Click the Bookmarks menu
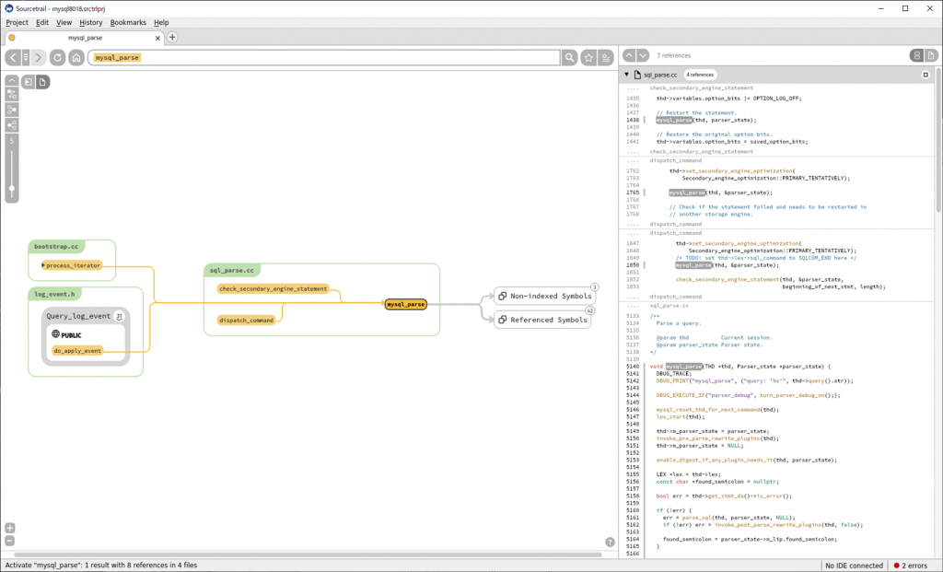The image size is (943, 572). pos(128,22)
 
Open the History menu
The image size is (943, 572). pos(91,22)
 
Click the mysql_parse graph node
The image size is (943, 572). pos(405,304)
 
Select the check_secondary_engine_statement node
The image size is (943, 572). pos(273,288)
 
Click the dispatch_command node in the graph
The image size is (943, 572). pos(246,320)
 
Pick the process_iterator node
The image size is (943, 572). pos(73,265)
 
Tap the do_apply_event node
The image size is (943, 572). pos(76,350)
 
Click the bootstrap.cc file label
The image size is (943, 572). pos(57,247)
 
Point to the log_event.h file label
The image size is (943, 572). pos(56,295)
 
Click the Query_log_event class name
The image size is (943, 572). pos(78,316)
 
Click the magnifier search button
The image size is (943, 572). pos(570,57)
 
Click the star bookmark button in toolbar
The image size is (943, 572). pos(588,57)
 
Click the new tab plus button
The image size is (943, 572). pos(172,38)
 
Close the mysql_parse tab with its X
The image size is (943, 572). pos(158,38)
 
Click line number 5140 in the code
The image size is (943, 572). pos(632,367)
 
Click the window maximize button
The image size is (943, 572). pos(904,8)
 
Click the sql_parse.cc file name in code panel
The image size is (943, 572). pos(660,75)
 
